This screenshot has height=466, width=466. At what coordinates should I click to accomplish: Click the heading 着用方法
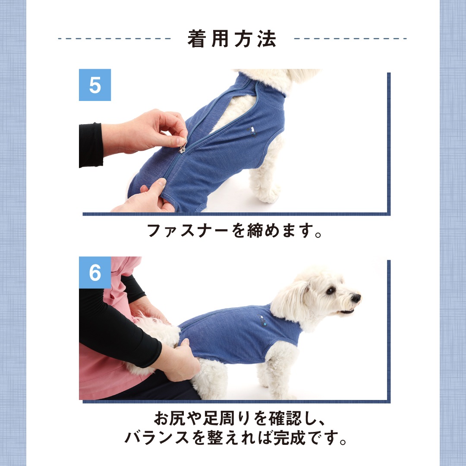coord(232,39)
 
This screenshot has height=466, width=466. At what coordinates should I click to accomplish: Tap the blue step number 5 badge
coord(95,85)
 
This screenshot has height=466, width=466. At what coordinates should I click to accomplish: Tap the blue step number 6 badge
coord(95,273)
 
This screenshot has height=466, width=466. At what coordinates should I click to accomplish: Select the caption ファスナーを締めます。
coord(234,230)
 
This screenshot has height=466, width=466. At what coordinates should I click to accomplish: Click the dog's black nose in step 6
coord(356,297)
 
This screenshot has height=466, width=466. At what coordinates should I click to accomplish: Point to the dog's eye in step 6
coord(330,290)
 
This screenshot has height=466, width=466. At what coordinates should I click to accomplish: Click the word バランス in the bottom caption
coord(157,438)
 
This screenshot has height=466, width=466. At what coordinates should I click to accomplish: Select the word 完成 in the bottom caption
coord(289,438)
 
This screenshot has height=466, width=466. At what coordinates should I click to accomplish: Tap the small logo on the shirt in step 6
coord(262,321)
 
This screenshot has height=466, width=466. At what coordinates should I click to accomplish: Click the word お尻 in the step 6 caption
coord(170,418)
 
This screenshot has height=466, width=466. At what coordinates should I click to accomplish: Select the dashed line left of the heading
coord(114,39)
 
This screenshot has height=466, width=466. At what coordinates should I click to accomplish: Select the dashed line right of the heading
coord(350,39)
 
